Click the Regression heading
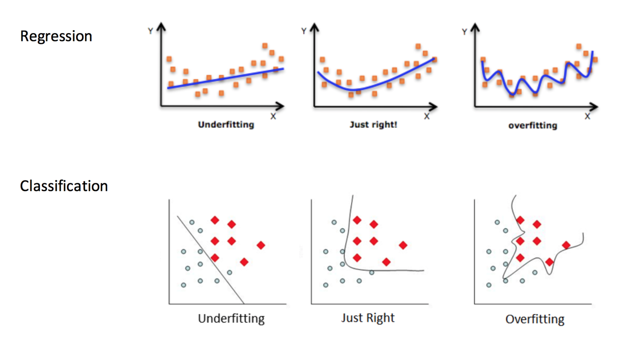coord(56,36)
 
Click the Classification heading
coord(64,186)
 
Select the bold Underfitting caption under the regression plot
coord(226,125)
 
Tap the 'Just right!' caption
coord(373,125)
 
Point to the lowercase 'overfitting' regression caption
coord(533,126)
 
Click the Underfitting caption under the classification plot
coord(231,318)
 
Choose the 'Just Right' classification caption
coord(368,318)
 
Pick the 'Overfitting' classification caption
coord(535,319)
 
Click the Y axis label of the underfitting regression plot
coord(150,31)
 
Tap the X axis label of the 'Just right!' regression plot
coord(427,116)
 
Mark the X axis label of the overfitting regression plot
coord(587,116)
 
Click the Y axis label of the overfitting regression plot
coord(464,32)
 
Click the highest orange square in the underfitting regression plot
coord(265,46)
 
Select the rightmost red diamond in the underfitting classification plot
coord(261,245)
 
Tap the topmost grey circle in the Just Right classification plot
coord(334,222)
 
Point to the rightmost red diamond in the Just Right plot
coord(403,245)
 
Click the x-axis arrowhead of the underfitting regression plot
coord(280,106)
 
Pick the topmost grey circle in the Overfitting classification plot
coord(497,222)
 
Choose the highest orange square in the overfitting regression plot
coord(579,46)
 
